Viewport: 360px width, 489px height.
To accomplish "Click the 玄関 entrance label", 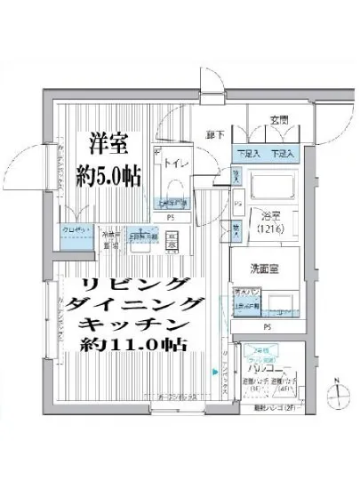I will coord(281,121).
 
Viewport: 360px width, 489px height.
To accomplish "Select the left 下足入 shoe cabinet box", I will coord(248,154).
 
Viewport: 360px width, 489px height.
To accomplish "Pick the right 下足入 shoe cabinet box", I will coord(284,154).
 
